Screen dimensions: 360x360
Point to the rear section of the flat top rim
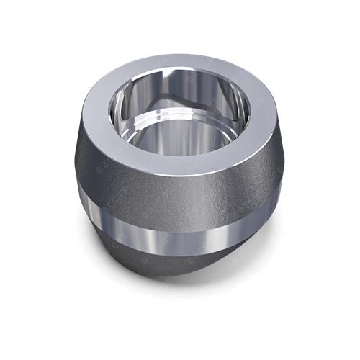(x=173, y=67)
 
